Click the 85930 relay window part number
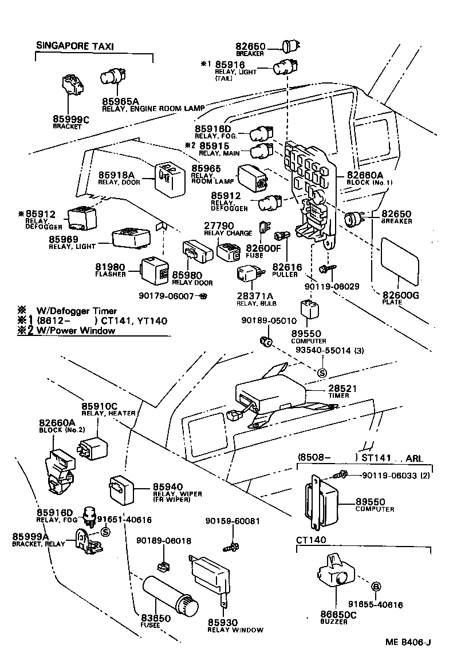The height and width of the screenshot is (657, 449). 222,622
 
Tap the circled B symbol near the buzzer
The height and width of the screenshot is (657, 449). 376,586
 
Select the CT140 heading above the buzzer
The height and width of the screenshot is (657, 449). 311,540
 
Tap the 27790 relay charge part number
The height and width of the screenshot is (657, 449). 219,226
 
